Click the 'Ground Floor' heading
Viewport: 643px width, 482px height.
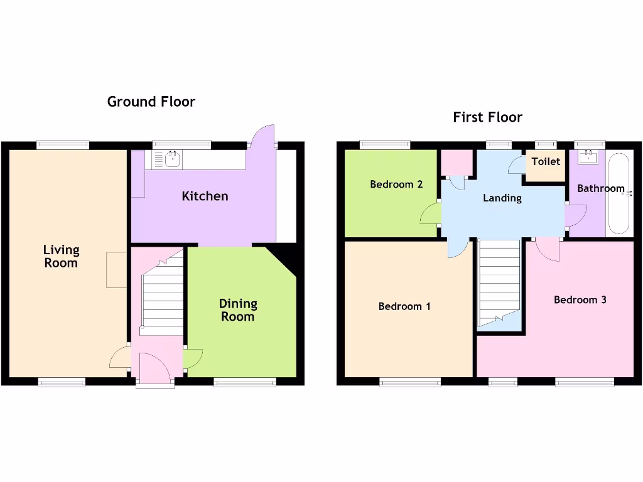click(151, 102)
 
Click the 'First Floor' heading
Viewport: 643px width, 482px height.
click(487, 117)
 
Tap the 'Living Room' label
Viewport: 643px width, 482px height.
click(61, 256)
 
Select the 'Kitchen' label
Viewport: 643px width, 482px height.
click(205, 196)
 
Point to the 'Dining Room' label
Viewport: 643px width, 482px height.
click(238, 310)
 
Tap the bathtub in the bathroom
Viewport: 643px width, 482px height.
click(620, 193)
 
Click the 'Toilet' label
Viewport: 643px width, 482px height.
click(545, 162)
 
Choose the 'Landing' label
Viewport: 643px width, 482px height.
click(502, 198)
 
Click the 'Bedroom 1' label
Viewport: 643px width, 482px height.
click(404, 306)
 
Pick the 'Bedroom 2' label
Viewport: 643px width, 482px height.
click(396, 185)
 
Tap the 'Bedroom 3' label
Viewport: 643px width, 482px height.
click(580, 300)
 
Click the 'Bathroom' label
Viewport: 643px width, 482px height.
click(600, 188)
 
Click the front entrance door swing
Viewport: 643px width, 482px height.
click(154, 368)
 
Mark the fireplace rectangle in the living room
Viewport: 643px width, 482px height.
click(117, 270)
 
